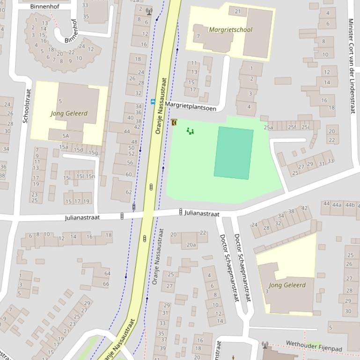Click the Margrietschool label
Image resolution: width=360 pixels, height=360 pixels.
coord(230,29)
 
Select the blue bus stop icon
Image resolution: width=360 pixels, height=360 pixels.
coord(153,101)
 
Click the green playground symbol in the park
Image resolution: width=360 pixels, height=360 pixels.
coord(190,131)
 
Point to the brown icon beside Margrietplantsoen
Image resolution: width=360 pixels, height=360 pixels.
coord(174,122)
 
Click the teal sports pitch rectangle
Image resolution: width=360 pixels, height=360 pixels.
coord(234,153)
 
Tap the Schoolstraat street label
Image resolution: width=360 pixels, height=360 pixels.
coord(26,106)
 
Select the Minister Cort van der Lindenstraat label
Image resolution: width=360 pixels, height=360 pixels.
coord(351,65)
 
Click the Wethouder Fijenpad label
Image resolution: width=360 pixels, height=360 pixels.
coord(314,346)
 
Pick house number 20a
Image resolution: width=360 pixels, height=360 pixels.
coord(191,245)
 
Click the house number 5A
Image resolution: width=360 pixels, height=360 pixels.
coord(66,136)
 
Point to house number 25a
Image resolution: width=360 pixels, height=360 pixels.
coord(268,127)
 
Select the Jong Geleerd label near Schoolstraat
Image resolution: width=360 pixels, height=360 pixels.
coord(69,114)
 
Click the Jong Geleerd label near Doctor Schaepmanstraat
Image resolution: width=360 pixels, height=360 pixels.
coord(287,285)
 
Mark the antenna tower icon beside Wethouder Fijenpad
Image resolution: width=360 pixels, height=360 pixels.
coord(264,346)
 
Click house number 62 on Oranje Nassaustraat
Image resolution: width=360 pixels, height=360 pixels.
coord(129,192)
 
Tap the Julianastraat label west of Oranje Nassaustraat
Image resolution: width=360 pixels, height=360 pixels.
coord(82,217)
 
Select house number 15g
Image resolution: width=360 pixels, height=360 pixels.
coord(93,152)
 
